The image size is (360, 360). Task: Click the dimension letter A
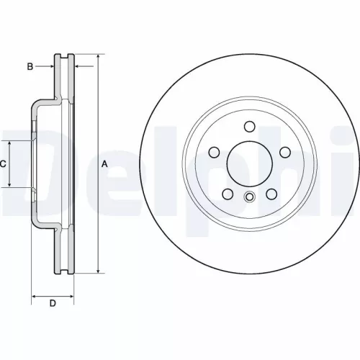(x=105, y=163)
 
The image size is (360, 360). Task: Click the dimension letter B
(x=30, y=67)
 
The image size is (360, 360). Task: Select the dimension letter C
(x=3, y=164)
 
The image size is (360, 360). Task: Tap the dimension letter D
(x=52, y=303)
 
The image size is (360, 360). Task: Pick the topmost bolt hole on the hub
(x=248, y=127)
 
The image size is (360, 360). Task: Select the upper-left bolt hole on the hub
(x=214, y=152)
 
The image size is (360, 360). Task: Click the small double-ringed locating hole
(x=248, y=199)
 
